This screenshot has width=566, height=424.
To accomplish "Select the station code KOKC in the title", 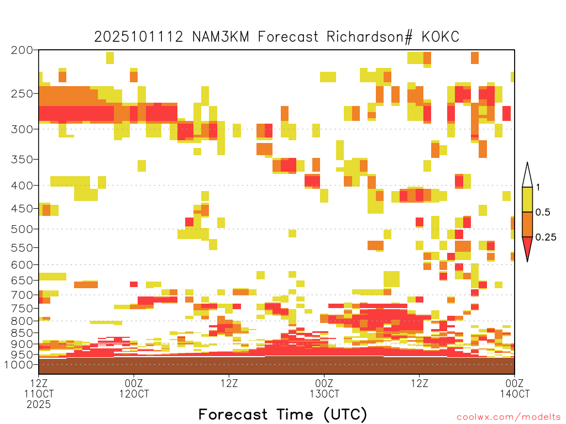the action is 441,37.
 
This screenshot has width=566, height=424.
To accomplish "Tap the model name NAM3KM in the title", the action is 221,37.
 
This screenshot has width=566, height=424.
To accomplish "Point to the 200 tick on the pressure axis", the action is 22,50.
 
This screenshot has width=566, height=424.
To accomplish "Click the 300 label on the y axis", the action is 22,129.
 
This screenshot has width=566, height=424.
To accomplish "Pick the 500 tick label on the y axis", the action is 22,229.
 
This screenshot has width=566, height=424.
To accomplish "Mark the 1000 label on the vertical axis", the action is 18,364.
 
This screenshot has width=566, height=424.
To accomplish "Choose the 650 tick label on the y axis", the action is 22,280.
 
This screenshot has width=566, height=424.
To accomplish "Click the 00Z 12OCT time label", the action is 134,388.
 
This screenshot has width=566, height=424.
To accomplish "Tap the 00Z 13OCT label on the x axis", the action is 324,388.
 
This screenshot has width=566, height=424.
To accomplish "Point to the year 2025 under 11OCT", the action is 39,405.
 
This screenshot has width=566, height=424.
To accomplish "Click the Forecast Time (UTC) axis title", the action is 282,415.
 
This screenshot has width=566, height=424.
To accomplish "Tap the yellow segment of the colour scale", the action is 527,199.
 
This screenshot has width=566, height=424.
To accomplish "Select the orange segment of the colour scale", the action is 527,224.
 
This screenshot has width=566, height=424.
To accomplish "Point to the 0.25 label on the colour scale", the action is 546,237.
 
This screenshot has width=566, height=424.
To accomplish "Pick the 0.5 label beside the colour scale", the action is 543,212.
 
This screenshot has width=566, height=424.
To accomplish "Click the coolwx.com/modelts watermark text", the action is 509,417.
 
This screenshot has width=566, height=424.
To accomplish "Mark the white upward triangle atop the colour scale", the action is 527,177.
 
